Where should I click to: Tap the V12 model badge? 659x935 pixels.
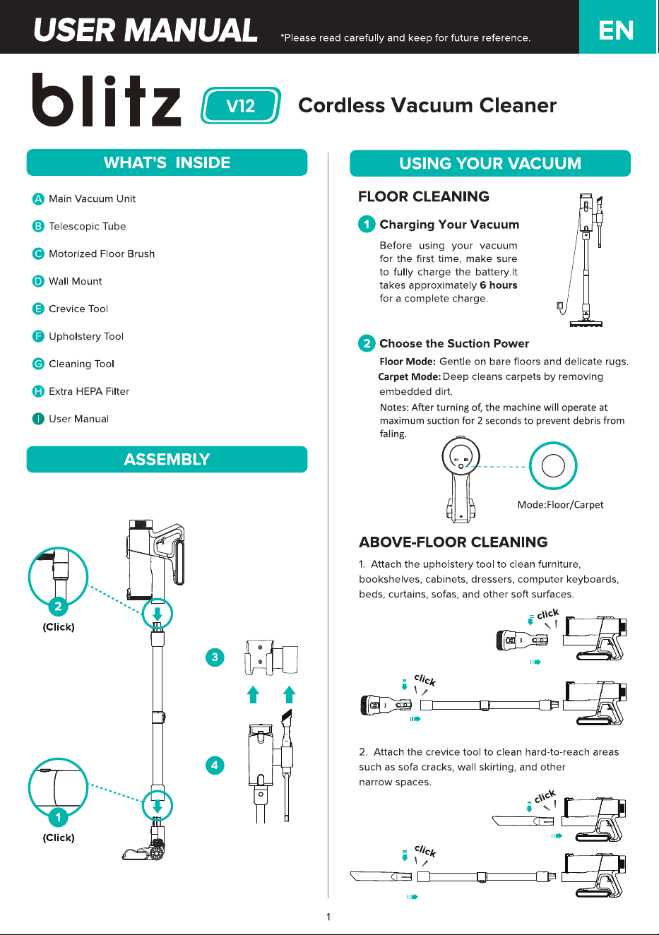click(241, 106)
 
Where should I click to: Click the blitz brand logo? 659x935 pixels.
click(107, 100)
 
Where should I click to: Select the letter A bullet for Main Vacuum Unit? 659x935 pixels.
click(38, 198)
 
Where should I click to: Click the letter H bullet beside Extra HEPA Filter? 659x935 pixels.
click(38, 391)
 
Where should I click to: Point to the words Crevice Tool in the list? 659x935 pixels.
click(78, 309)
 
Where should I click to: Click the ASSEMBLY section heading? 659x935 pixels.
click(167, 459)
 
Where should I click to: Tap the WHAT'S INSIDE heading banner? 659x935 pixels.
click(167, 162)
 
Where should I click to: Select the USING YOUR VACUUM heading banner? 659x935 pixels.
click(490, 163)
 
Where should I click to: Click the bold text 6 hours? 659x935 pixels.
click(499, 285)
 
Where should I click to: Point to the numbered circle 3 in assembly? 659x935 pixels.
click(215, 657)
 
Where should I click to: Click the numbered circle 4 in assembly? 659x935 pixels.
click(215, 765)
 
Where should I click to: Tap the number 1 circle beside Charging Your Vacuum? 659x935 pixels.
click(367, 225)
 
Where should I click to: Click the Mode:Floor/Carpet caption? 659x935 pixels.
click(560, 505)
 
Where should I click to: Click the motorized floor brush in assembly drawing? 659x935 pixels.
click(143, 849)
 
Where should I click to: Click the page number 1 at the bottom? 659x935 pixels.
click(328, 917)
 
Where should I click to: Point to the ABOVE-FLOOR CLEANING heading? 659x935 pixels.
click(453, 542)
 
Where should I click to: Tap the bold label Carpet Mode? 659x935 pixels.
click(409, 376)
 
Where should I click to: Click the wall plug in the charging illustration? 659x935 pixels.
click(560, 306)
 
